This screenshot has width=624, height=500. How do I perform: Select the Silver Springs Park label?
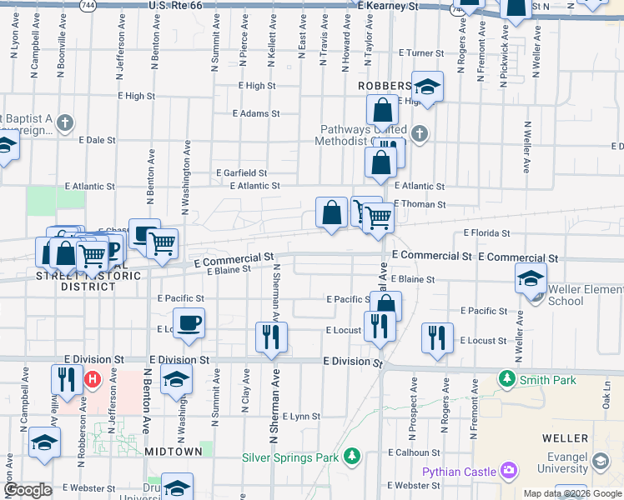click(291, 457)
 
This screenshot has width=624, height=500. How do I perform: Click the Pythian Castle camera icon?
click(509, 472)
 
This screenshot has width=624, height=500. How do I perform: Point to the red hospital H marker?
click(93, 380)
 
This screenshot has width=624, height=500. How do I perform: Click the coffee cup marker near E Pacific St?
click(189, 322)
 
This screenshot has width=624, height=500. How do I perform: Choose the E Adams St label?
click(255, 113)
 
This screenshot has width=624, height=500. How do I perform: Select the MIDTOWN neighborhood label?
click(174, 451)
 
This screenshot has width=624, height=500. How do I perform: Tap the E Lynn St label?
click(301, 416)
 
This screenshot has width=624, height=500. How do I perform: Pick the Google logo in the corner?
click(28, 490)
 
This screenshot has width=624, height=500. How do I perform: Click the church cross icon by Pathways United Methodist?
click(419, 132)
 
